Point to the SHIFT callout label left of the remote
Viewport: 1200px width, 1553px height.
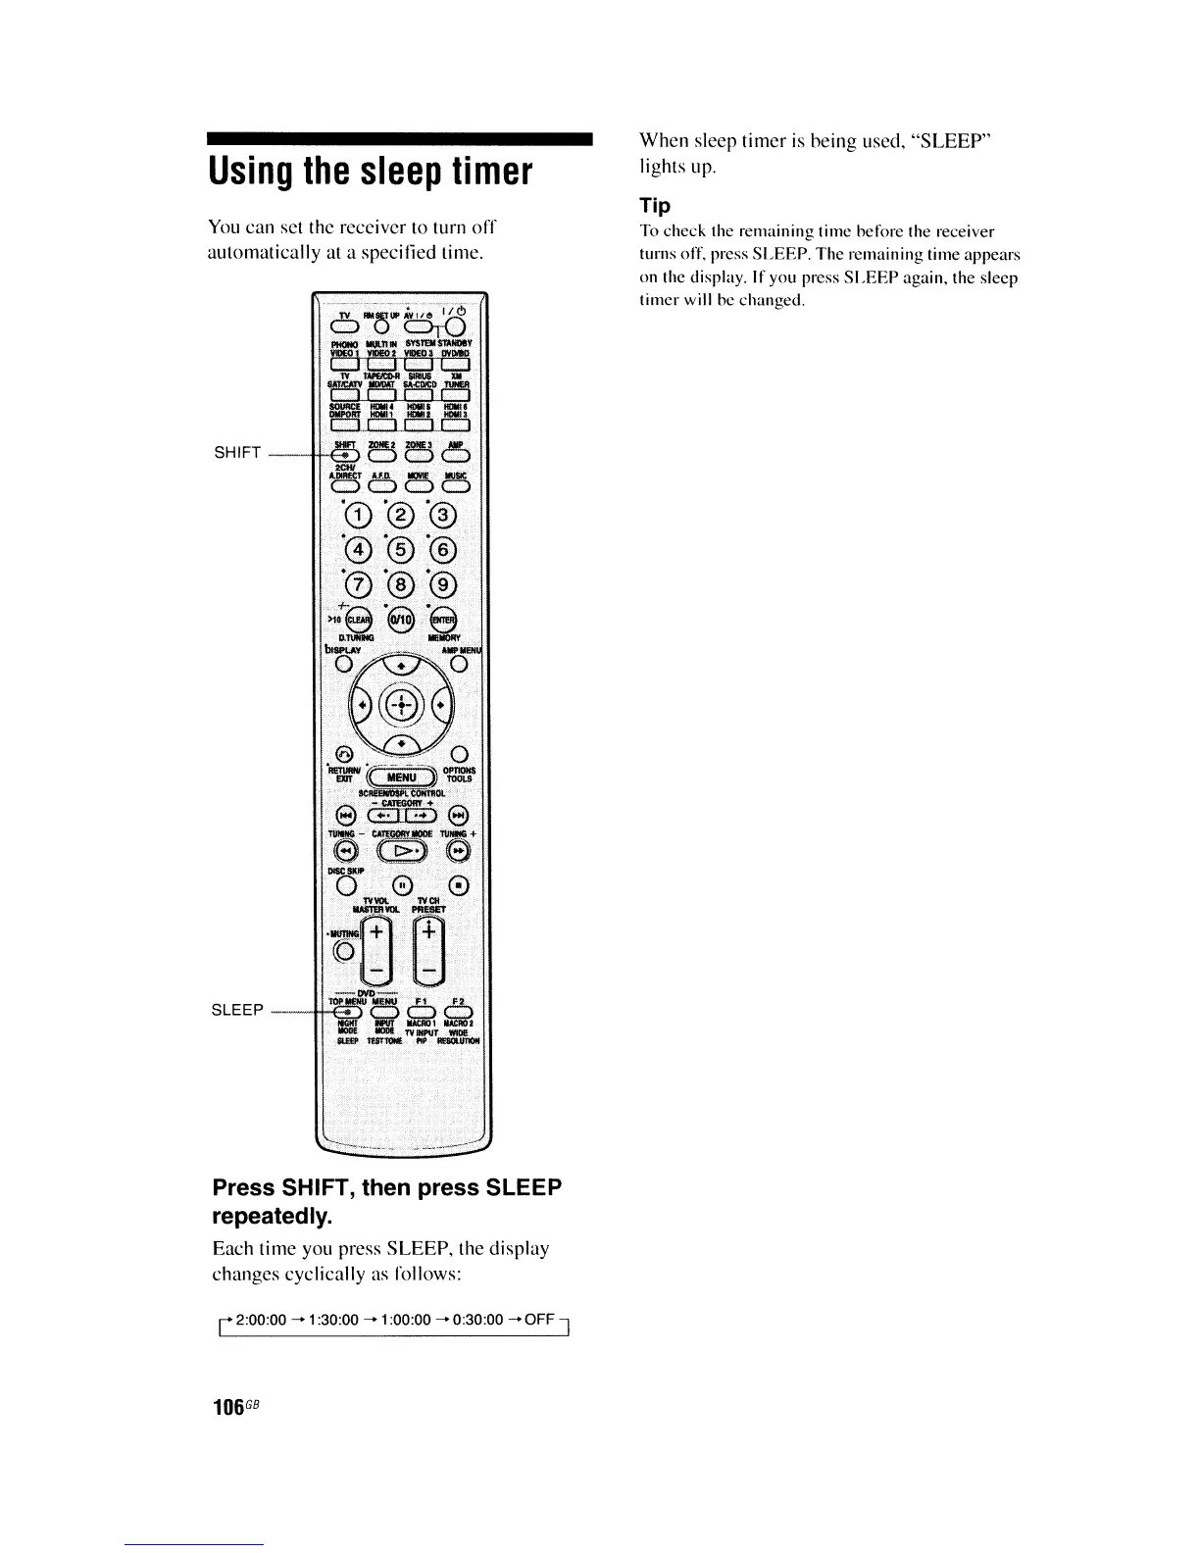[237, 452]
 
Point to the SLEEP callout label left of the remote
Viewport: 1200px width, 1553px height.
[238, 1010]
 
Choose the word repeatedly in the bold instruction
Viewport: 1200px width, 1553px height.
[273, 1217]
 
